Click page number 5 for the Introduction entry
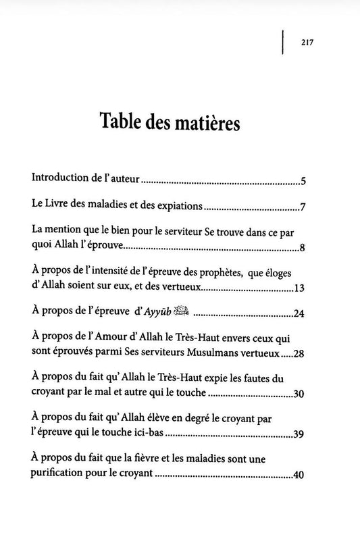pyautogui.click(x=304, y=181)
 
